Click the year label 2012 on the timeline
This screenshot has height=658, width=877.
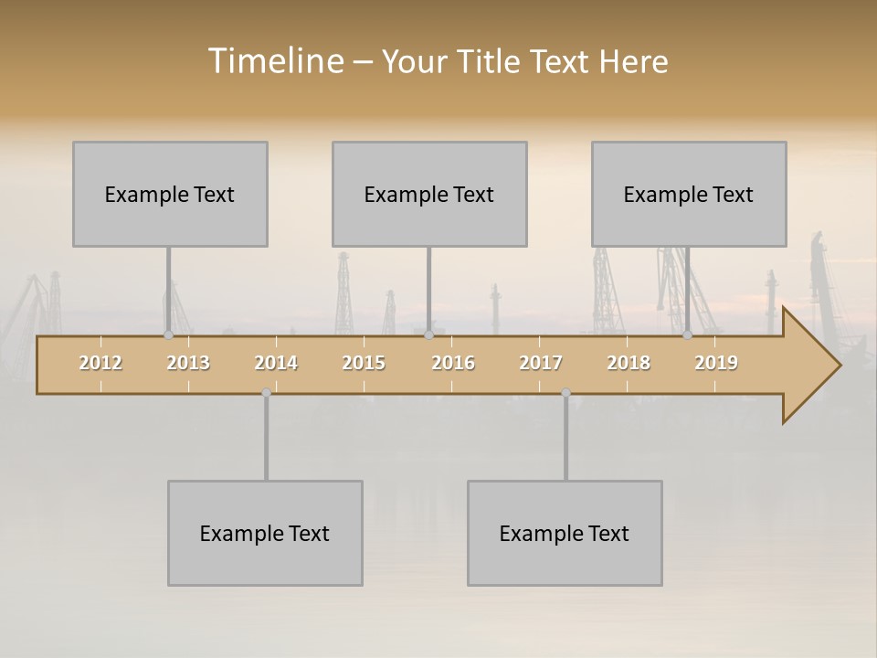pyautogui.click(x=100, y=363)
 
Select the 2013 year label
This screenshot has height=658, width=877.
pyautogui.click(x=188, y=363)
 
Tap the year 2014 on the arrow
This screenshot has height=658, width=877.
pyautogui.click(x=276, y=363)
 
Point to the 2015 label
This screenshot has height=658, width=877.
pyautogui.click(x=364, y=363)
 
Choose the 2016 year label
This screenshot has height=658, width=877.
pyautogui.click(x=453, y=363)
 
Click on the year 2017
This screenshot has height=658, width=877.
pyautogui.click(x=541, y=363)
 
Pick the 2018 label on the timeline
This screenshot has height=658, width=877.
pyautogui.click(x=629, y=363)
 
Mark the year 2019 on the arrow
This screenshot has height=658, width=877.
pyautogui.click(x=716, y=363)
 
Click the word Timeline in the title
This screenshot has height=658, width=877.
pyautogui.click(x=275, y=61)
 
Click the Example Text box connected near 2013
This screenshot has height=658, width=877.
pyautogui.click(x=170, y=194)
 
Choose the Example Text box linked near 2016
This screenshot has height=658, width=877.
pyautogui.click(x=429, y=194)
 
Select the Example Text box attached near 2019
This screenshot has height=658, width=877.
pyautogui.click(x=689, y=194)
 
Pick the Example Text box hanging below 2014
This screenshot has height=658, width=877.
pyautogui.click(x=265, y=533)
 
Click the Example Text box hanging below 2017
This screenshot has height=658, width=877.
pyautogui.click(x=565, y=533)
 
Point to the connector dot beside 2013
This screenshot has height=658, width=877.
pyautogui.click(x=168, y=334)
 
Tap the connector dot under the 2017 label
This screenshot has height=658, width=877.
pyautogui.click(x=565, y=393)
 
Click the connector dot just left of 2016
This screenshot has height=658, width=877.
pyautogui.click(x=428, y=334)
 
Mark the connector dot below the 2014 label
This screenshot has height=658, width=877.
pyautogui.click(x=266, y=393)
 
